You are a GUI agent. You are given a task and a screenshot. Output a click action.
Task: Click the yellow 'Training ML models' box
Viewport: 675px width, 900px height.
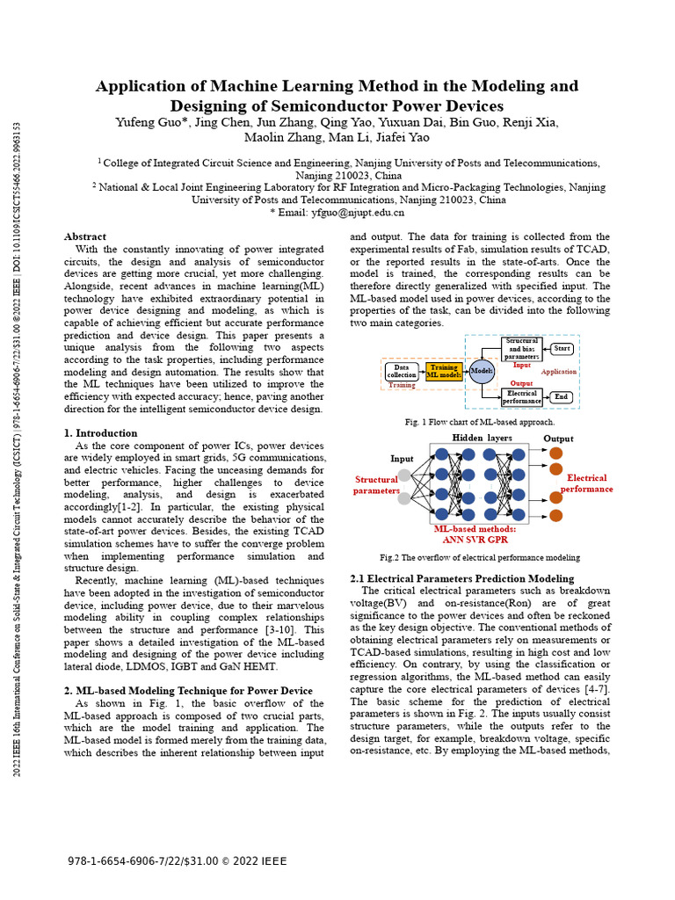444,371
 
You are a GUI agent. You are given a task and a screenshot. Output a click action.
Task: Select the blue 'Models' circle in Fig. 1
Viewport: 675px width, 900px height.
482,371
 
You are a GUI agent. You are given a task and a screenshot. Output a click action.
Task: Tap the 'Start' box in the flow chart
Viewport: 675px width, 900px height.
562,349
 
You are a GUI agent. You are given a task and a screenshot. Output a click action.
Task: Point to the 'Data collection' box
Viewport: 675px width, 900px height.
402,371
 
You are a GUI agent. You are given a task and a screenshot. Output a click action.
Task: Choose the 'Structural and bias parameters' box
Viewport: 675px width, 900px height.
521,349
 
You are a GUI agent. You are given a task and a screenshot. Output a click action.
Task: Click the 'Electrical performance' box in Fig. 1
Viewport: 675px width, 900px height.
522,397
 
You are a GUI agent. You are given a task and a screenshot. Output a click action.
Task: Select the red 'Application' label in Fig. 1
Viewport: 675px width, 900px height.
559,372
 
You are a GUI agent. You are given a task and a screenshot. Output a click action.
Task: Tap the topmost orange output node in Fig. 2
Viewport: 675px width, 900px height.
555,453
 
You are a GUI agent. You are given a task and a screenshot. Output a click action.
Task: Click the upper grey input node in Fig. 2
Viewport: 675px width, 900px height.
403,475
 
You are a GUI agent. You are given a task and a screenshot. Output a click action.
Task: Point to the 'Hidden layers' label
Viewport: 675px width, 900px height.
482,439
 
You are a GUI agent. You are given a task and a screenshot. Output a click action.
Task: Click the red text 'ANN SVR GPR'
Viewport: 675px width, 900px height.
475,541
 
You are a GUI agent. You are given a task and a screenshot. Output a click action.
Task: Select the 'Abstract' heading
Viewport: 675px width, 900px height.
85,236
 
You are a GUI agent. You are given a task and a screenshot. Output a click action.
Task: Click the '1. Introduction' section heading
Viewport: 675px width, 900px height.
101,433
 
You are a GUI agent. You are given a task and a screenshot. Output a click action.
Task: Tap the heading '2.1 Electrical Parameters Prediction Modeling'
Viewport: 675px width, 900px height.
461,578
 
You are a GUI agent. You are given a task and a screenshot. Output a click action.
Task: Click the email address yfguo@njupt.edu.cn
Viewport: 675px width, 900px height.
349,212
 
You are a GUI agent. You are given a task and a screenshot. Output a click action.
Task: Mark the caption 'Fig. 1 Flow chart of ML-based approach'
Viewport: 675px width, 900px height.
480,423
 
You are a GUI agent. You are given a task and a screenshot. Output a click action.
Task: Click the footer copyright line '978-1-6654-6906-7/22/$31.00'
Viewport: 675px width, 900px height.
143,861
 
